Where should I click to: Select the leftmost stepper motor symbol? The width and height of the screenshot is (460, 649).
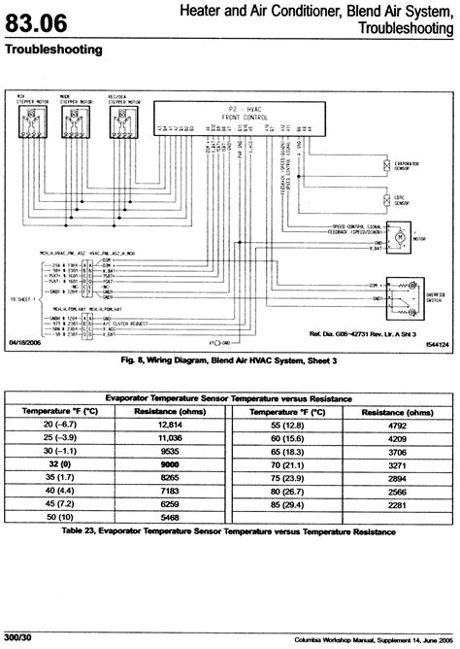(31, 124)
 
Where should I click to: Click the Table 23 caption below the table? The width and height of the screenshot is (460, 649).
(230, 533)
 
